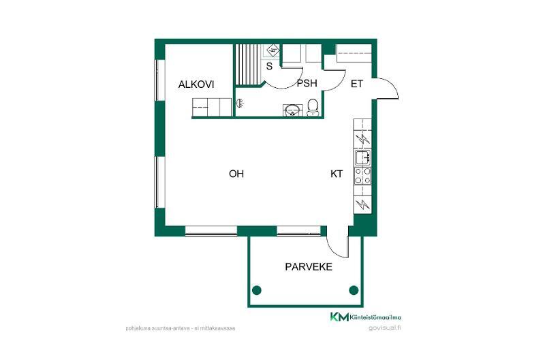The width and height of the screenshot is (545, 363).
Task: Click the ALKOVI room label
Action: (196, 84)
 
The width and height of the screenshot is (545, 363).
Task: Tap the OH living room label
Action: (236, 174)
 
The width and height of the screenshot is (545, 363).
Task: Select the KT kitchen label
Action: (337, 174)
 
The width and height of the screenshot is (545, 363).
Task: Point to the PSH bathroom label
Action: (307, 83)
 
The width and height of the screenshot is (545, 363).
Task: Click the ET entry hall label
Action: (356, 84)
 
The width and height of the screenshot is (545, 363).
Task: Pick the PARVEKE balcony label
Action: (309, 267)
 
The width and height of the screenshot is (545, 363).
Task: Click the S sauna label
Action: (269, 66)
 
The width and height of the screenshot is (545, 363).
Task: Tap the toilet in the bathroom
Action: (313, 107)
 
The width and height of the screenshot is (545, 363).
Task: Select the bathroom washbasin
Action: (292, 110)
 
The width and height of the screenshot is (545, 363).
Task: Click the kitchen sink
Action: (362, 157)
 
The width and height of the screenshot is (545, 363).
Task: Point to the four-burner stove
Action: (362, 176)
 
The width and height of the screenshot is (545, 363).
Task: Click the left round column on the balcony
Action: (257, 289)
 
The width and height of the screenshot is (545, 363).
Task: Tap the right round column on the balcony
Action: (354, 289)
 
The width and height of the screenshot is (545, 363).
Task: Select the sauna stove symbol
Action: (273, 50)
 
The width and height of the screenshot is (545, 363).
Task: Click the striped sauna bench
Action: (248, 65)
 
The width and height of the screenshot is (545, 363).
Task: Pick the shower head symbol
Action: (240, 103)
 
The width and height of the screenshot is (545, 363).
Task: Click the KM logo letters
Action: (339, 317)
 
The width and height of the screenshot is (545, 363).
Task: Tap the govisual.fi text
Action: (385, 328)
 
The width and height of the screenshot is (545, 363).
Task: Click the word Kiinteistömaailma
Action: (376, 317)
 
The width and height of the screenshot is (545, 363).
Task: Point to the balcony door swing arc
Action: (334, 249)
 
